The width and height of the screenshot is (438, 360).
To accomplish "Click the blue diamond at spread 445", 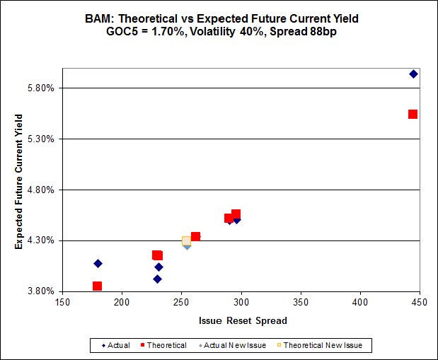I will [x=414, y=74].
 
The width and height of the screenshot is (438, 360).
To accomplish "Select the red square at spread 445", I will [x=413, y=114].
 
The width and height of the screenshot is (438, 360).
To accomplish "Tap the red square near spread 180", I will [x=98, y=286].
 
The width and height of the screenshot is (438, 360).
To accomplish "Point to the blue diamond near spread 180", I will [x=98, y=263].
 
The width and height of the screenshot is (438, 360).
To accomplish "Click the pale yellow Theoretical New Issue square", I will [x=186, y=241].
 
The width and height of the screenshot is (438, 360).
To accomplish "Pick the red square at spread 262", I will [x=195, y=236].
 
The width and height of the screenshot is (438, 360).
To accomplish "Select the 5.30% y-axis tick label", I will [x=40, y=139].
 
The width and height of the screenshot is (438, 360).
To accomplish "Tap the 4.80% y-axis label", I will [x=40, y=190].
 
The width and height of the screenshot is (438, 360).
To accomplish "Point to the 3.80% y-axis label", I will [x=40, y=291].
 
